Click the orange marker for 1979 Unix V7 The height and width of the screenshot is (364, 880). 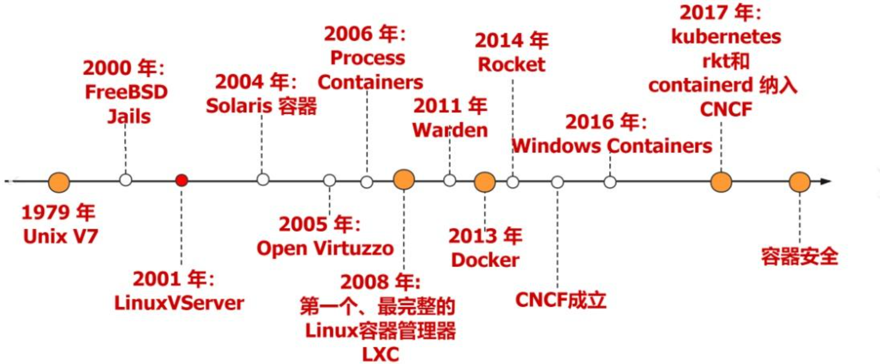(x=59, y=182)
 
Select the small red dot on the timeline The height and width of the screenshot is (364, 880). (x=181, y=180)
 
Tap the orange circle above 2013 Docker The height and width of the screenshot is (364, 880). (x=485, y=182)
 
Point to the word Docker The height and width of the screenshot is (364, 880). (x=485, y=260)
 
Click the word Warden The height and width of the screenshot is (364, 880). (x=450, y=130)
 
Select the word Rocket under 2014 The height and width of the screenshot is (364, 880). (x=511, y=65)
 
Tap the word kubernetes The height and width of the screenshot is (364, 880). (x=726, y=37)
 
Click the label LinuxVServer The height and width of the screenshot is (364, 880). (x=179, y=303)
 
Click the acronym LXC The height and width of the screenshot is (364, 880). (x=380, y=354)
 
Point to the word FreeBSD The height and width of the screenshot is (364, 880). (x=126, y=92)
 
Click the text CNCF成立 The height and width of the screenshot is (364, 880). (x=560, y=300)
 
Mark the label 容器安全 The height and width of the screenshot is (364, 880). (x=799, y=256)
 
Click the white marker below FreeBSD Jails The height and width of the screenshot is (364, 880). (x=126, y=180)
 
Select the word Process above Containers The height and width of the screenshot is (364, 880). (x=367, y=58)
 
